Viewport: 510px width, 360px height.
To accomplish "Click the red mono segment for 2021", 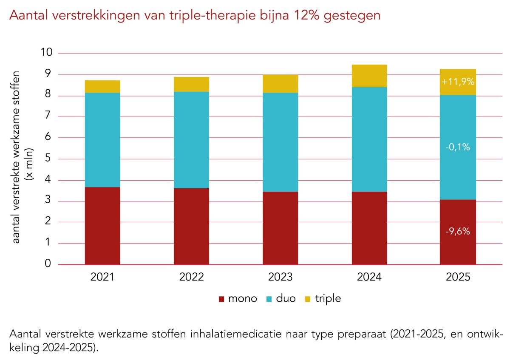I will click(x=102, y=226).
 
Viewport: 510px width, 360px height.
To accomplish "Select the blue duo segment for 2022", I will click(x=191, y=140).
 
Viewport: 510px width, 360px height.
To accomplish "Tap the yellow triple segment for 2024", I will click(x=369, y=76).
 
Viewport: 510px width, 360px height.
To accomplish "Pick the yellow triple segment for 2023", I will click(x=280, y=84).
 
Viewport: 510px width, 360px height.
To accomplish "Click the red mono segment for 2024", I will click(x=369, y=228).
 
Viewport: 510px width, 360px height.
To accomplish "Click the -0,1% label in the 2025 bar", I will click(x=458, y=147).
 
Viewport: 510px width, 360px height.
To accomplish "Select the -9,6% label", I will click(x=458, y=232).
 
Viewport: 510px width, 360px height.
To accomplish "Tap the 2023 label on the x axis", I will click(x=280, y=278).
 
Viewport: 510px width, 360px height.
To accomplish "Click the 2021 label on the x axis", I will click(x=102, y=278).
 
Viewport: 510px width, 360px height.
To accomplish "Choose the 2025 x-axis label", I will click(x=458, y=278).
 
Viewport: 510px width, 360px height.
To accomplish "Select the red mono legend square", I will click(x=221, y=299).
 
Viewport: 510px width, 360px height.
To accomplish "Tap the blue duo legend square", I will click(x=269, y=299).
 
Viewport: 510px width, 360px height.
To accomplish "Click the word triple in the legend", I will click(x=328, y=299).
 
